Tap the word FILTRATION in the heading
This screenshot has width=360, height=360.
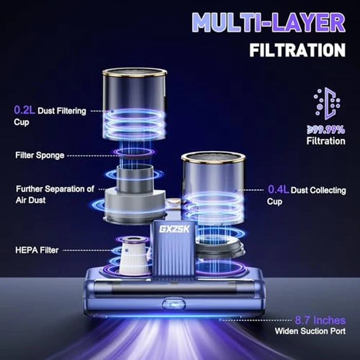point(297,50)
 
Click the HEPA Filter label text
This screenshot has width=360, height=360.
point(37,250)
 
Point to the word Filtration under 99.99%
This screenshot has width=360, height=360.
point(326,140)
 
